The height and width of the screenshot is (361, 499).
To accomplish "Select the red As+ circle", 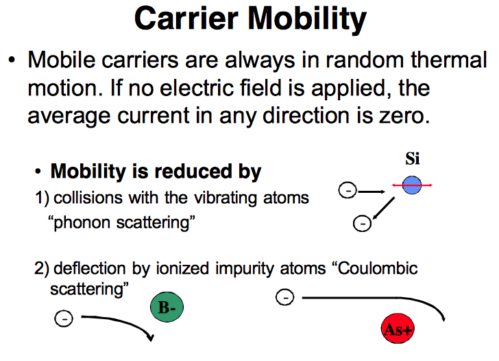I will point(397,330).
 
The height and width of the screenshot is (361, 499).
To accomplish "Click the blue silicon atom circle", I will point(411,186).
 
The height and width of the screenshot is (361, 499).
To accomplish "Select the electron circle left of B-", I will point(62,318).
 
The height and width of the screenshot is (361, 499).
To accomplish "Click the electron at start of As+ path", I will point(284,297).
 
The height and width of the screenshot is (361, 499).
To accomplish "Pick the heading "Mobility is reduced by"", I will point(156,171).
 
